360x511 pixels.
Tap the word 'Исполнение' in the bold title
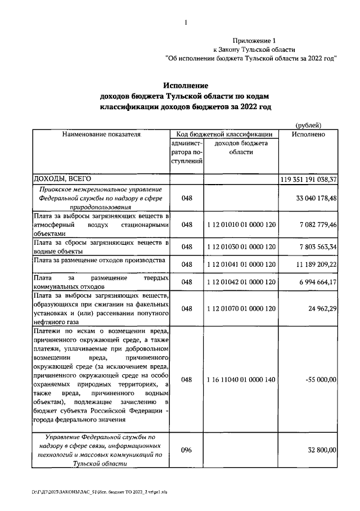[186, 86]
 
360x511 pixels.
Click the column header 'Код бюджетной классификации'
[224, 135]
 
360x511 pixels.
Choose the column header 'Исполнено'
[309, 135]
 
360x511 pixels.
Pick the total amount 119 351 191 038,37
[309, 179]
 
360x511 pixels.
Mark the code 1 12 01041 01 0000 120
[241, 263]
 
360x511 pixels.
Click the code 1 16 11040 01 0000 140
[241, 380]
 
